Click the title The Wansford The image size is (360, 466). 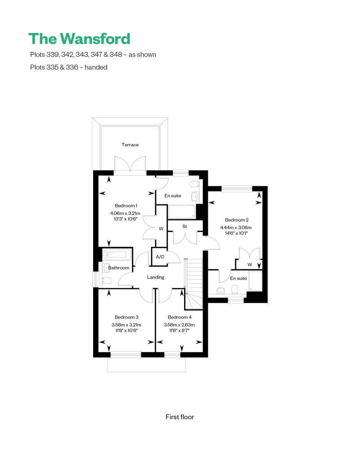point(79,39)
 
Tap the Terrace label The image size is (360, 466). point(130,145)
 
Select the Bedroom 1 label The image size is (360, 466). point(126,206)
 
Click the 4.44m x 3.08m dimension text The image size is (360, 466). point(236,228)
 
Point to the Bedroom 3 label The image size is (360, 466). point(126,317)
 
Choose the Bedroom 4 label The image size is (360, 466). point(180,317)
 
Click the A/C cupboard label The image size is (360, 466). point(160,257)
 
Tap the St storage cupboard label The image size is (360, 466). point(184,226)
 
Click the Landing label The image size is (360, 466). point(155,277)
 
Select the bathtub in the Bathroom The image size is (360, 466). point(117,255)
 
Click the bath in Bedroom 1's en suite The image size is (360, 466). point(182,211)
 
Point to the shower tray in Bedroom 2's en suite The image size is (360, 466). point(255,281)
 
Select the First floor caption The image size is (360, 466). point(180,417)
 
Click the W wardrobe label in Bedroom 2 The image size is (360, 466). point(250,264)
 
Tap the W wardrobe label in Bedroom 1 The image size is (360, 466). point(161,229)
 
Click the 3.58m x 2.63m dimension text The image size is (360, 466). point(179,325)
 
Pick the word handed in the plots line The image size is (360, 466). point(96,67)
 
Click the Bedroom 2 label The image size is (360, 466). point(237,220)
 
